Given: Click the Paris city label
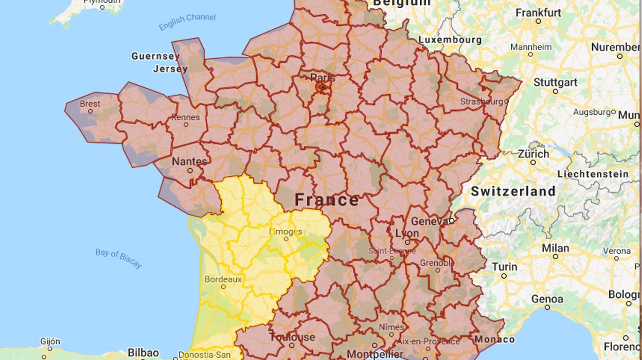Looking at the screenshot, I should coord(323,78).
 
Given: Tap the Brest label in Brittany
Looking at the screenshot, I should coord(90,104).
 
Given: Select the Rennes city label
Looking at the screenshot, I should coord(185,117).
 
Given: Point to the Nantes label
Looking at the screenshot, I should coord(189,161).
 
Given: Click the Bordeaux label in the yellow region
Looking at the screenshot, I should coord(223,280).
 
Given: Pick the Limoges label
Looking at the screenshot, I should coord(286,231).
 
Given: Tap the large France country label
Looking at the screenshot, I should coord(327,200).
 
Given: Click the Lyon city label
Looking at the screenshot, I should coord(407,233).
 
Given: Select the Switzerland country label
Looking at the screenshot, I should coord(513,191).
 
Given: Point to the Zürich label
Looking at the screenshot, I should coord(533,154).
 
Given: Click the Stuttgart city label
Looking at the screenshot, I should coord(555,82).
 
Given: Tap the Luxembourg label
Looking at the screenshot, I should coord(450,40).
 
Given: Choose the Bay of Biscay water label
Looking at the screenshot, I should coord(119,258).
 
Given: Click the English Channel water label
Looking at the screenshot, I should coord(187,22).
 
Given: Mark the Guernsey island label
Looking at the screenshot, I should coord(155,56).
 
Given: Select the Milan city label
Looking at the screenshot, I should coord(555,248).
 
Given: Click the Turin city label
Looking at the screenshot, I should coord(504,266).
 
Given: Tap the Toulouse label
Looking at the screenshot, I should coord(292,337).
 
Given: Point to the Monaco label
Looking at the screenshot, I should coord(494,339).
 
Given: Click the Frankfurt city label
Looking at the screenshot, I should coord(538,12).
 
